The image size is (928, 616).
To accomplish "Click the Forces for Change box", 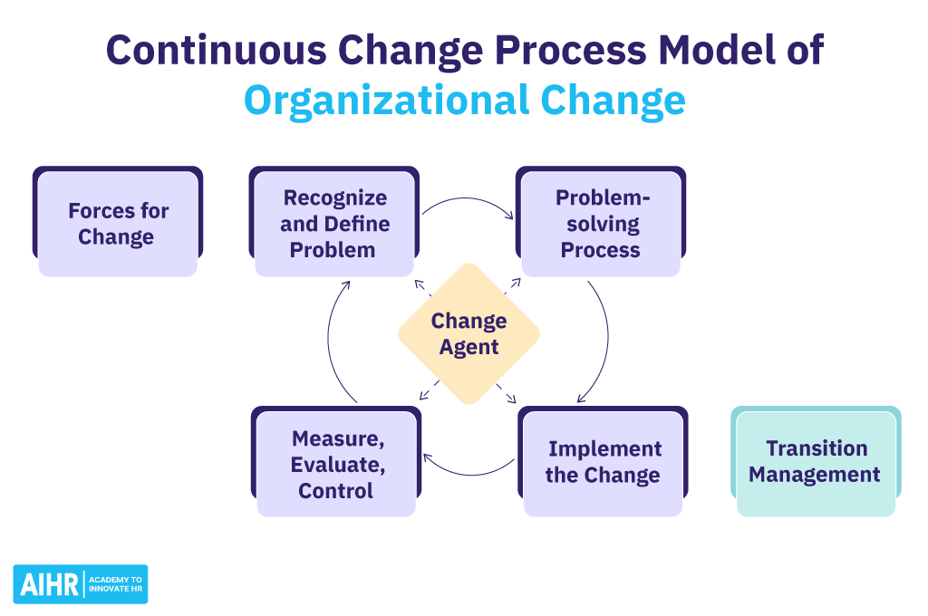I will tap(117, 224).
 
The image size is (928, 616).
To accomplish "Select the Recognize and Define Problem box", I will tap(333, 224).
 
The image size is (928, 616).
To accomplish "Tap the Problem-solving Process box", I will tap(600, 224).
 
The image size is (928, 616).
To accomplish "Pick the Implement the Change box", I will tap(603, 462).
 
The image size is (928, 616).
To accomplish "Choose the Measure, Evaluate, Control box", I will tap(336, 464).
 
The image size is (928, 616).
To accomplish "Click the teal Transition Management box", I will tap(815, 462).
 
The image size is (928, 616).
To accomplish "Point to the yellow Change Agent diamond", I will tap(469, 333).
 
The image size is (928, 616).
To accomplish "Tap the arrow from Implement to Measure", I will tap(467, 472).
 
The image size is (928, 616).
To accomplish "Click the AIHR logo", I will tap(81, 584).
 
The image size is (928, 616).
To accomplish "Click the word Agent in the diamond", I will tap(469, 346).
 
